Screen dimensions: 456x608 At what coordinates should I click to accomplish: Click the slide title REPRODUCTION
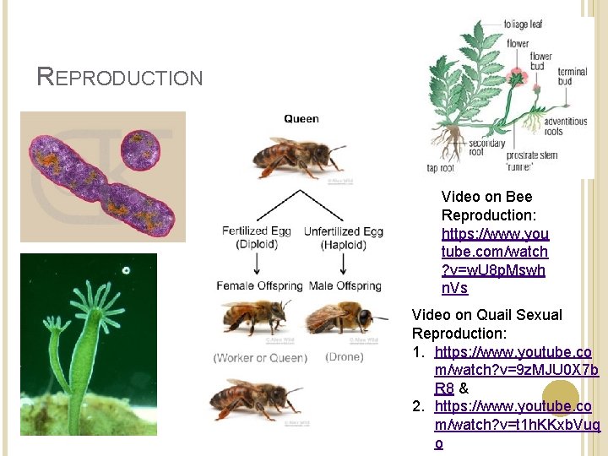pyautogui.click(x=120, y=78)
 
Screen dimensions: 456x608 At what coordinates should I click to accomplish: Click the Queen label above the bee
pyautogui.click(x=301, y=119)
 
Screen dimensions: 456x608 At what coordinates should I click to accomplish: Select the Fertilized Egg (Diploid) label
pyautogui.click(x=257, y=237)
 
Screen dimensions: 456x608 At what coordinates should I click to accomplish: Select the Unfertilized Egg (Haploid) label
pyautogui.click(x=343, y=237)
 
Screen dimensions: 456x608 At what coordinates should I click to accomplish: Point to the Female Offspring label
pyautogui.click(x=259, y=285)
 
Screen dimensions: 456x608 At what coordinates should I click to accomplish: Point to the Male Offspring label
pyautogui.click(x=345, y=285)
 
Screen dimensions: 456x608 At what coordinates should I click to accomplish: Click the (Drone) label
pyautogui.click(x=344, y=357)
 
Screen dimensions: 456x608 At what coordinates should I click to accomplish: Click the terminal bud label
pyautogui.click(x=572, y=78)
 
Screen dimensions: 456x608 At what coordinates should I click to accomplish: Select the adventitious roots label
pyautogui.click(x=564, y=127)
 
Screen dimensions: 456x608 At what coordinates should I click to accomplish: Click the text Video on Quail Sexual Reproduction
pyautogui.click(x=486, y=323)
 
